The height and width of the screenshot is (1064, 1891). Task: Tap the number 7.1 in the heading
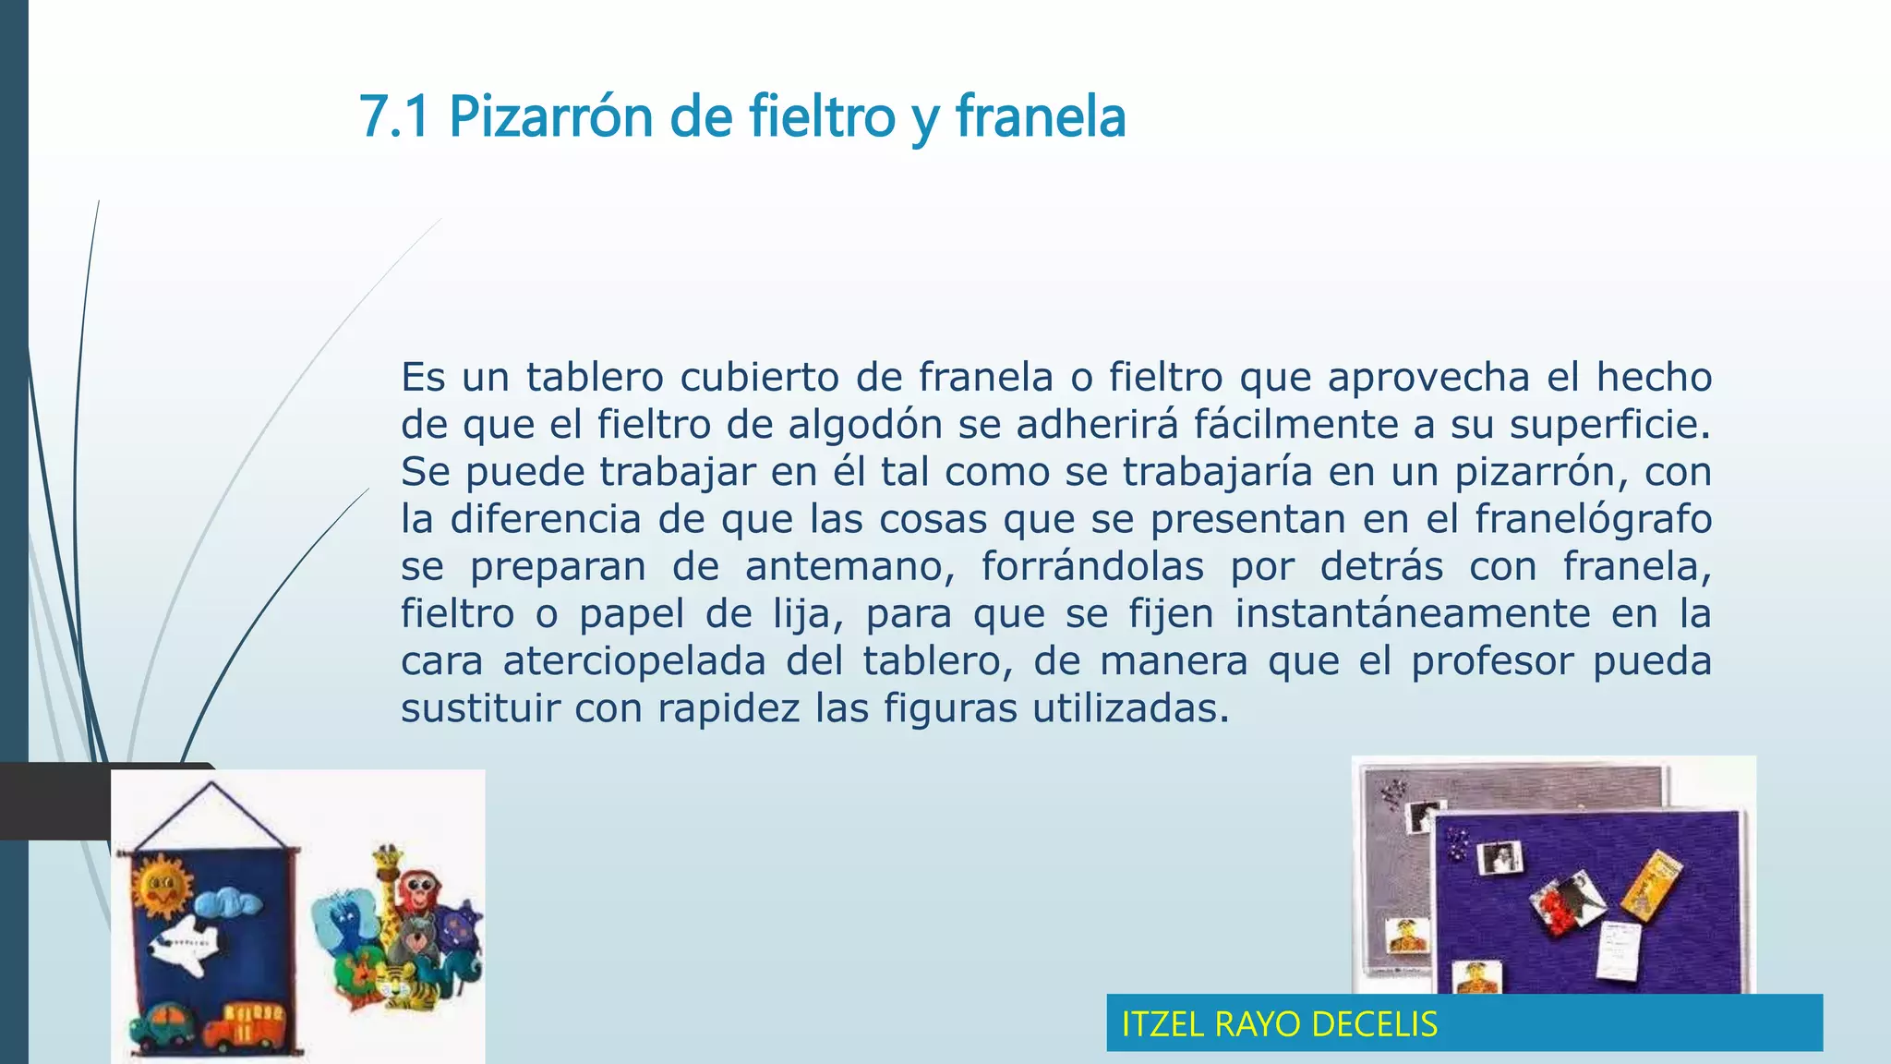click(394, 118)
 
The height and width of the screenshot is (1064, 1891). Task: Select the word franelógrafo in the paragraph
click(1593, 519)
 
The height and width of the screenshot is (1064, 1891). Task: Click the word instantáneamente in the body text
click(1413, 614)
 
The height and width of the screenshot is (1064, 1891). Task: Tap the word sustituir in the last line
click(480, 709)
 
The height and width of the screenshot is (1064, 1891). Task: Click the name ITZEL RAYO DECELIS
click(1279, 1024)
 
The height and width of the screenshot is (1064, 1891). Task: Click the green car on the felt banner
click(163, 1023)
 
